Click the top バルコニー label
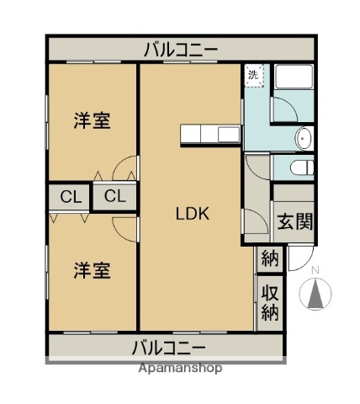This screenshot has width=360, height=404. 181,50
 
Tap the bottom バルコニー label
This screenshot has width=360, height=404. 169,347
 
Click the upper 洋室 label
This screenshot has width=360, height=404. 92,120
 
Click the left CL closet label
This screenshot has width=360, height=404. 71,198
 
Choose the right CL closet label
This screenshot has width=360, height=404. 115,198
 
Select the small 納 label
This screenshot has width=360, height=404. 269,259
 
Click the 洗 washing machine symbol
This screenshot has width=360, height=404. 254,76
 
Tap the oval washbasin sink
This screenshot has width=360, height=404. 304,138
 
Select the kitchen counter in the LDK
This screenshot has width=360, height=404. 210,134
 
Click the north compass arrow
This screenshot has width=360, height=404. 316,293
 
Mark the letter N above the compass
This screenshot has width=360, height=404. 315,270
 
